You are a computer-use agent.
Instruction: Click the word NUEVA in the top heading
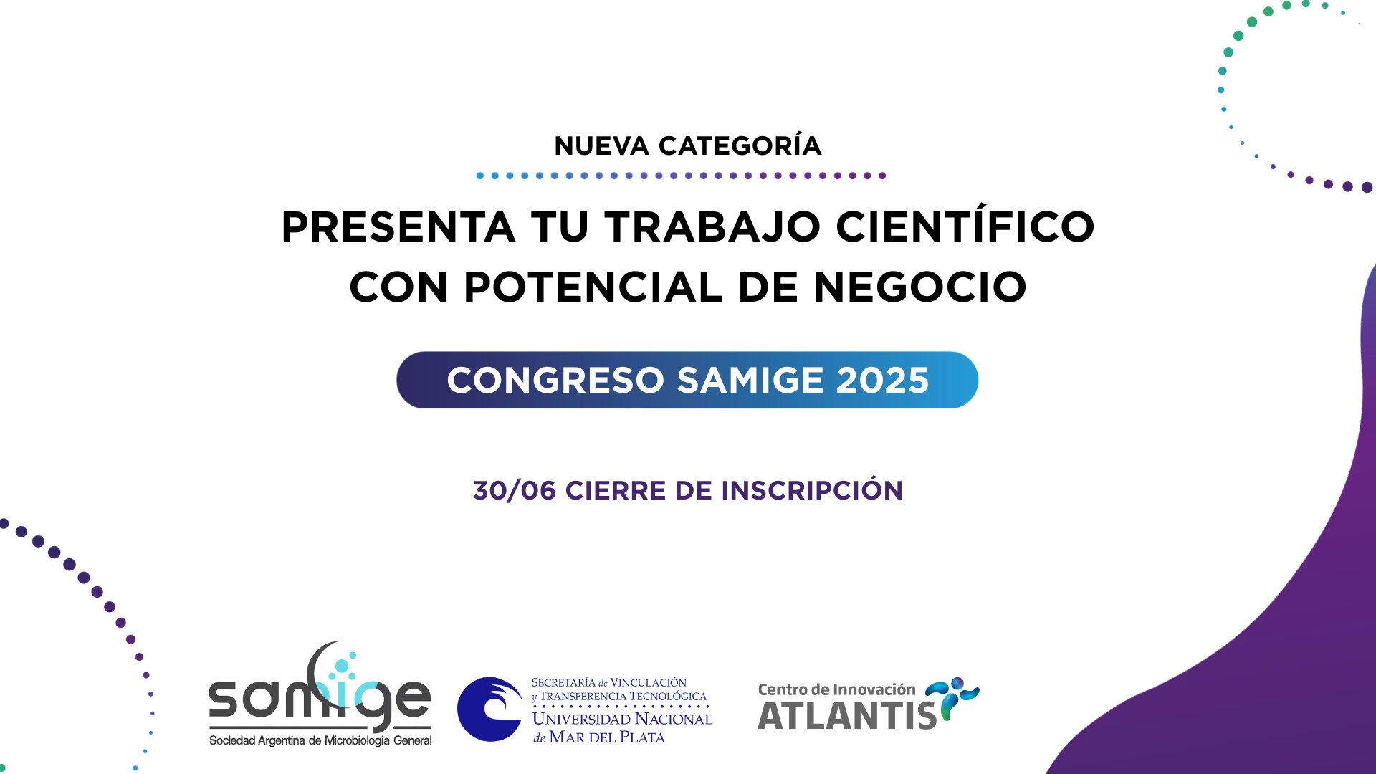tap(601, 146)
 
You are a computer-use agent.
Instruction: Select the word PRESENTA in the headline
tap(398, 227)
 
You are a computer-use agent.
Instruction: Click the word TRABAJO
tap(712, 227)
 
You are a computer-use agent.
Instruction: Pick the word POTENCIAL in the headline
tap(593, 287)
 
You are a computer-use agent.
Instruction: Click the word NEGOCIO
tap(919, 287)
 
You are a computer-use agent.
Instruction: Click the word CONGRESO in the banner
tap(556, 380)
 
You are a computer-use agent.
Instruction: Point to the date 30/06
tap(515, 491)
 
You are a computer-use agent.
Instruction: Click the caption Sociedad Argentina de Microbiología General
tap(320, 740)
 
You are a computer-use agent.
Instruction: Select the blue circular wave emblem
tap(490, 709)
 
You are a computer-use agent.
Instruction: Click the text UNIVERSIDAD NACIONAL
tap(622, 719)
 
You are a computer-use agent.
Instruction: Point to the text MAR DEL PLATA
tap(607, 737)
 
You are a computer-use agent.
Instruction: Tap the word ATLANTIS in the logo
tap(847, 716)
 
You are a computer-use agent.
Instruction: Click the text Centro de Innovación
tap(836, 689)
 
